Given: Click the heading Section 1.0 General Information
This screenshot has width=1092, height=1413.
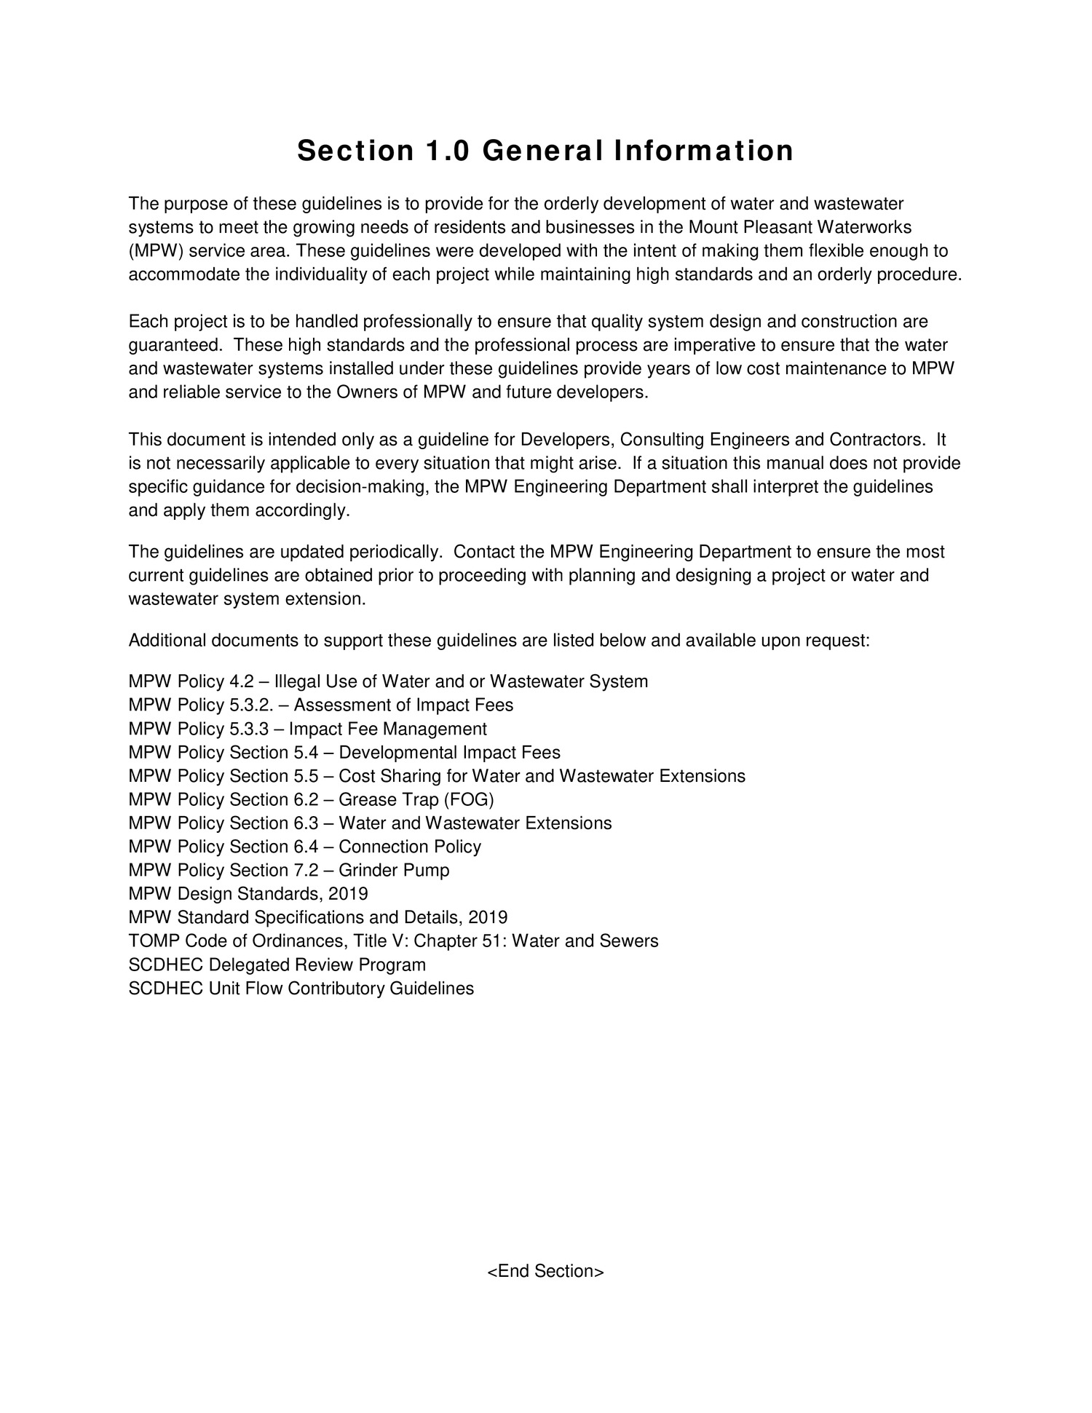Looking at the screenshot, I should click(545, 151).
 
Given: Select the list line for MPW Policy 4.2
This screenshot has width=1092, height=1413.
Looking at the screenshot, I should click(387, 681).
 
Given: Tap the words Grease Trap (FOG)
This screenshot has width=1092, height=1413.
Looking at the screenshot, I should click(416, 799).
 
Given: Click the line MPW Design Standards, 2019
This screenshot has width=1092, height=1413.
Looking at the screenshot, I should click(248, 893).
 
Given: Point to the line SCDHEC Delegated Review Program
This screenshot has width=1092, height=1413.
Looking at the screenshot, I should click(277, 965).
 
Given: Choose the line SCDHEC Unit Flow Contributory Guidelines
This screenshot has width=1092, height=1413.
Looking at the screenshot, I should click(301, 988).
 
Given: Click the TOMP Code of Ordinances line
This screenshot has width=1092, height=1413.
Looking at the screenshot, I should click(393, 941).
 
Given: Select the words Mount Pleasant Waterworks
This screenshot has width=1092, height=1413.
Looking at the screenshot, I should click(800, 228).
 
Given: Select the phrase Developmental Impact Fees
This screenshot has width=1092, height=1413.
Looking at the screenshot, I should click(449, 752).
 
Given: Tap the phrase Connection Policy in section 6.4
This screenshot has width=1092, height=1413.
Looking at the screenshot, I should click(410, 847).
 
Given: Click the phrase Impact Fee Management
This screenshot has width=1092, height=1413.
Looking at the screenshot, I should click(387, 729).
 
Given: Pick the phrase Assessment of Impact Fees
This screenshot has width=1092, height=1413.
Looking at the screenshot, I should click(403, 705).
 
